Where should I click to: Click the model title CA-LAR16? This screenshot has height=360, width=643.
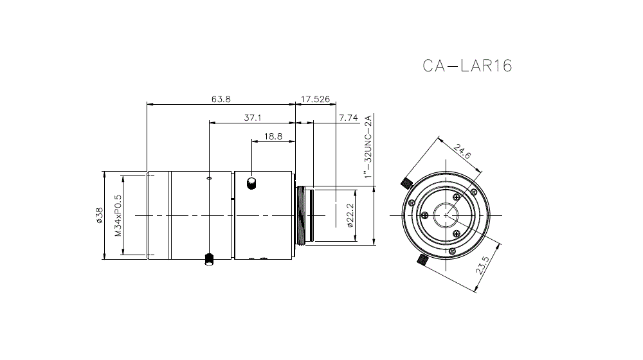click(x=467, y=66)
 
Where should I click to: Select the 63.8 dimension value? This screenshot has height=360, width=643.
click(x=221, y=99)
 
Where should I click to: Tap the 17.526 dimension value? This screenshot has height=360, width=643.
click(x=316, y=99)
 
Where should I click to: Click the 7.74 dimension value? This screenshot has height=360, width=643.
click(x=348, y=118)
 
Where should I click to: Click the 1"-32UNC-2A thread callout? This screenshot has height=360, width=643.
click(x=368, y=147)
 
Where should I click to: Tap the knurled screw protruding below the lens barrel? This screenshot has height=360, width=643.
click(x=208, y=259)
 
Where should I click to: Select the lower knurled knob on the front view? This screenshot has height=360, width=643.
click(x=423, y=260)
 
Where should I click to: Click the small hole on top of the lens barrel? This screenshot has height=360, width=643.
click(x=208, y=176)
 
